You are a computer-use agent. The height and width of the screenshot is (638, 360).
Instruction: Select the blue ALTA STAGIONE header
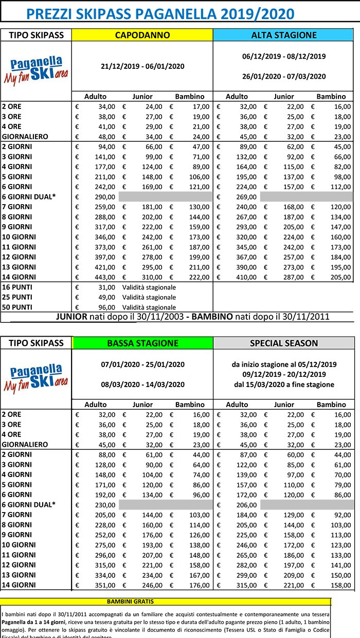(x=283, y=35)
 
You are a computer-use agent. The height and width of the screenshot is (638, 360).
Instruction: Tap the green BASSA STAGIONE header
(x=142, y=343)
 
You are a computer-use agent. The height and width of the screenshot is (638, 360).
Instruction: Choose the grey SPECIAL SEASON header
(x=283, y=343)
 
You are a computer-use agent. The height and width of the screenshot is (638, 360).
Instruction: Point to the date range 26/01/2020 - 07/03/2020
(x=283, y=76)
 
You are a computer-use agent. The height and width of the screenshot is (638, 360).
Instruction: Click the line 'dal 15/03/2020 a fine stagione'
(x=283, y=384)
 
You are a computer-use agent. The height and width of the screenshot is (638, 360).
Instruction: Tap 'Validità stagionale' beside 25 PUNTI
(x=149, y=297)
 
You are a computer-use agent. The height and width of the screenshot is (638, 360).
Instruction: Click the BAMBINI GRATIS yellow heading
(x=130, y=601)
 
